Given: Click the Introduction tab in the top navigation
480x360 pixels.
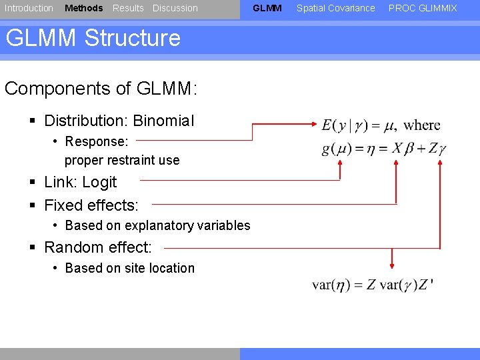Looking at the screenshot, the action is click(29, 8).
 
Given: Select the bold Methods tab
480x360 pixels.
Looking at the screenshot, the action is click(83, 8).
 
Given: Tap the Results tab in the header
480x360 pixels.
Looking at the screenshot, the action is click(128, 8).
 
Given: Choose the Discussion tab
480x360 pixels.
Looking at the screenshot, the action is click(175, 8).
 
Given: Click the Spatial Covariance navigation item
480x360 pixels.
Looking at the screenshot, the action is click(335, 8).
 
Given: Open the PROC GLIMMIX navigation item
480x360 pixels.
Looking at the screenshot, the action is click(423, 8).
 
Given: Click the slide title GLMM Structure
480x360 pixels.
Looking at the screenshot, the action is click(93, 38).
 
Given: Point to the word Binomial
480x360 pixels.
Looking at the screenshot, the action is click(163, 121).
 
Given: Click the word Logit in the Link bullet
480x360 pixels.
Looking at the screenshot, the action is click(99, 182).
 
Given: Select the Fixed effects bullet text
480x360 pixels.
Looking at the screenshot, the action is click(91, 205).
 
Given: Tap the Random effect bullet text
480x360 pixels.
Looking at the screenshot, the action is click(97, 247).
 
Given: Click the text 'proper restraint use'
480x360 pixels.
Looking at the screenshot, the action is click(122, 160).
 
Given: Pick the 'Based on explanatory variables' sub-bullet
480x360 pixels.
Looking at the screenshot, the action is click(157, 225).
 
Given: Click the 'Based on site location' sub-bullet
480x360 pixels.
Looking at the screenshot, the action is click(129, 268).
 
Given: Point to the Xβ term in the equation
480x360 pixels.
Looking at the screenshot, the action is click(405, 149).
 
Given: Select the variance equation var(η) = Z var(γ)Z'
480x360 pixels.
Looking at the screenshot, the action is click(373, 285).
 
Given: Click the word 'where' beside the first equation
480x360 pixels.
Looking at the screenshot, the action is click(422, 125).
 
